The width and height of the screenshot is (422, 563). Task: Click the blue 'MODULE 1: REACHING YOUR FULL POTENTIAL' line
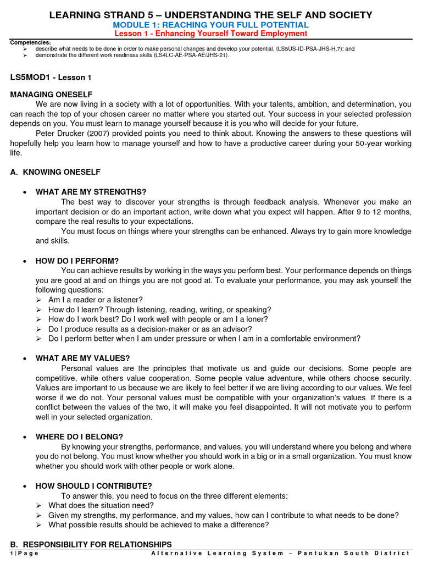pyautogui.click(x=210, y=25)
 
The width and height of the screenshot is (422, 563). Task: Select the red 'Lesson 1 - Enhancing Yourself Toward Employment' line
pyautogui.click(x=210, y=34)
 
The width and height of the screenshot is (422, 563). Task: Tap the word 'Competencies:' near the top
pyautogui.click(x=31, y=42)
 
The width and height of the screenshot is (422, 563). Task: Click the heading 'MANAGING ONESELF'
pyautogui.click(x=51, y=95)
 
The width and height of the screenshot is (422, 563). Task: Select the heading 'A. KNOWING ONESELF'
pyautogui.click(x=55, y=172)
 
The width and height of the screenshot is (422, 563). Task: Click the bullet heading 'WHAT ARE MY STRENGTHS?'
pyautogui.click(x=91, y=191)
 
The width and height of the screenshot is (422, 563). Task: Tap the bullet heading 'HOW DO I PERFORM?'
pyautogui.click(x=77, y=261)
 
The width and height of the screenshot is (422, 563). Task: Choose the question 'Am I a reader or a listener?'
pyautogui.click(x=96, y=300)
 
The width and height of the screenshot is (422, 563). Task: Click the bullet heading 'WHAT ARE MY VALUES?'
pyautogui.click(x=82, y=358)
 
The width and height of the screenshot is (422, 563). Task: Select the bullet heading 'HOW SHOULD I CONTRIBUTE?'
pyautogui.click(x=93, y=485)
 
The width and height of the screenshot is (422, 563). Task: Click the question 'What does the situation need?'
pyautogui.click(x=101, y=505)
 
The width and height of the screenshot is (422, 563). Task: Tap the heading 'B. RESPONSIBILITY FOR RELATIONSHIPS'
pyautogui.click(x=91, y=544)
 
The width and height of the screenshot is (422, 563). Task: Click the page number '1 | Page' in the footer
pyautogui.click(x=25, y=553)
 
